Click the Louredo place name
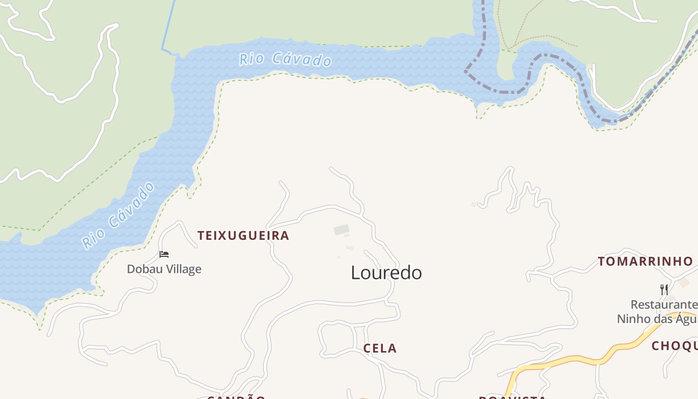[x=386, y=273]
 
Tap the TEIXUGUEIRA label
[x=243, y=235]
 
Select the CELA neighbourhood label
[x=380, y=348]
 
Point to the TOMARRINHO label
[x=645, y=261]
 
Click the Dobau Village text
[x=164, y=269]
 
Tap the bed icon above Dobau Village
[x=164, y=254]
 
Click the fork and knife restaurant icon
[x=664, y=289]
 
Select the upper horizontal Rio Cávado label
[x=286, y=59]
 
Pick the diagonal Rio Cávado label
[x=119, y=215]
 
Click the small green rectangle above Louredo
[x=342, y=230]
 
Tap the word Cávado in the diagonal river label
[x=131, y=204]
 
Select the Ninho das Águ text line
[x=657, y=319]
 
